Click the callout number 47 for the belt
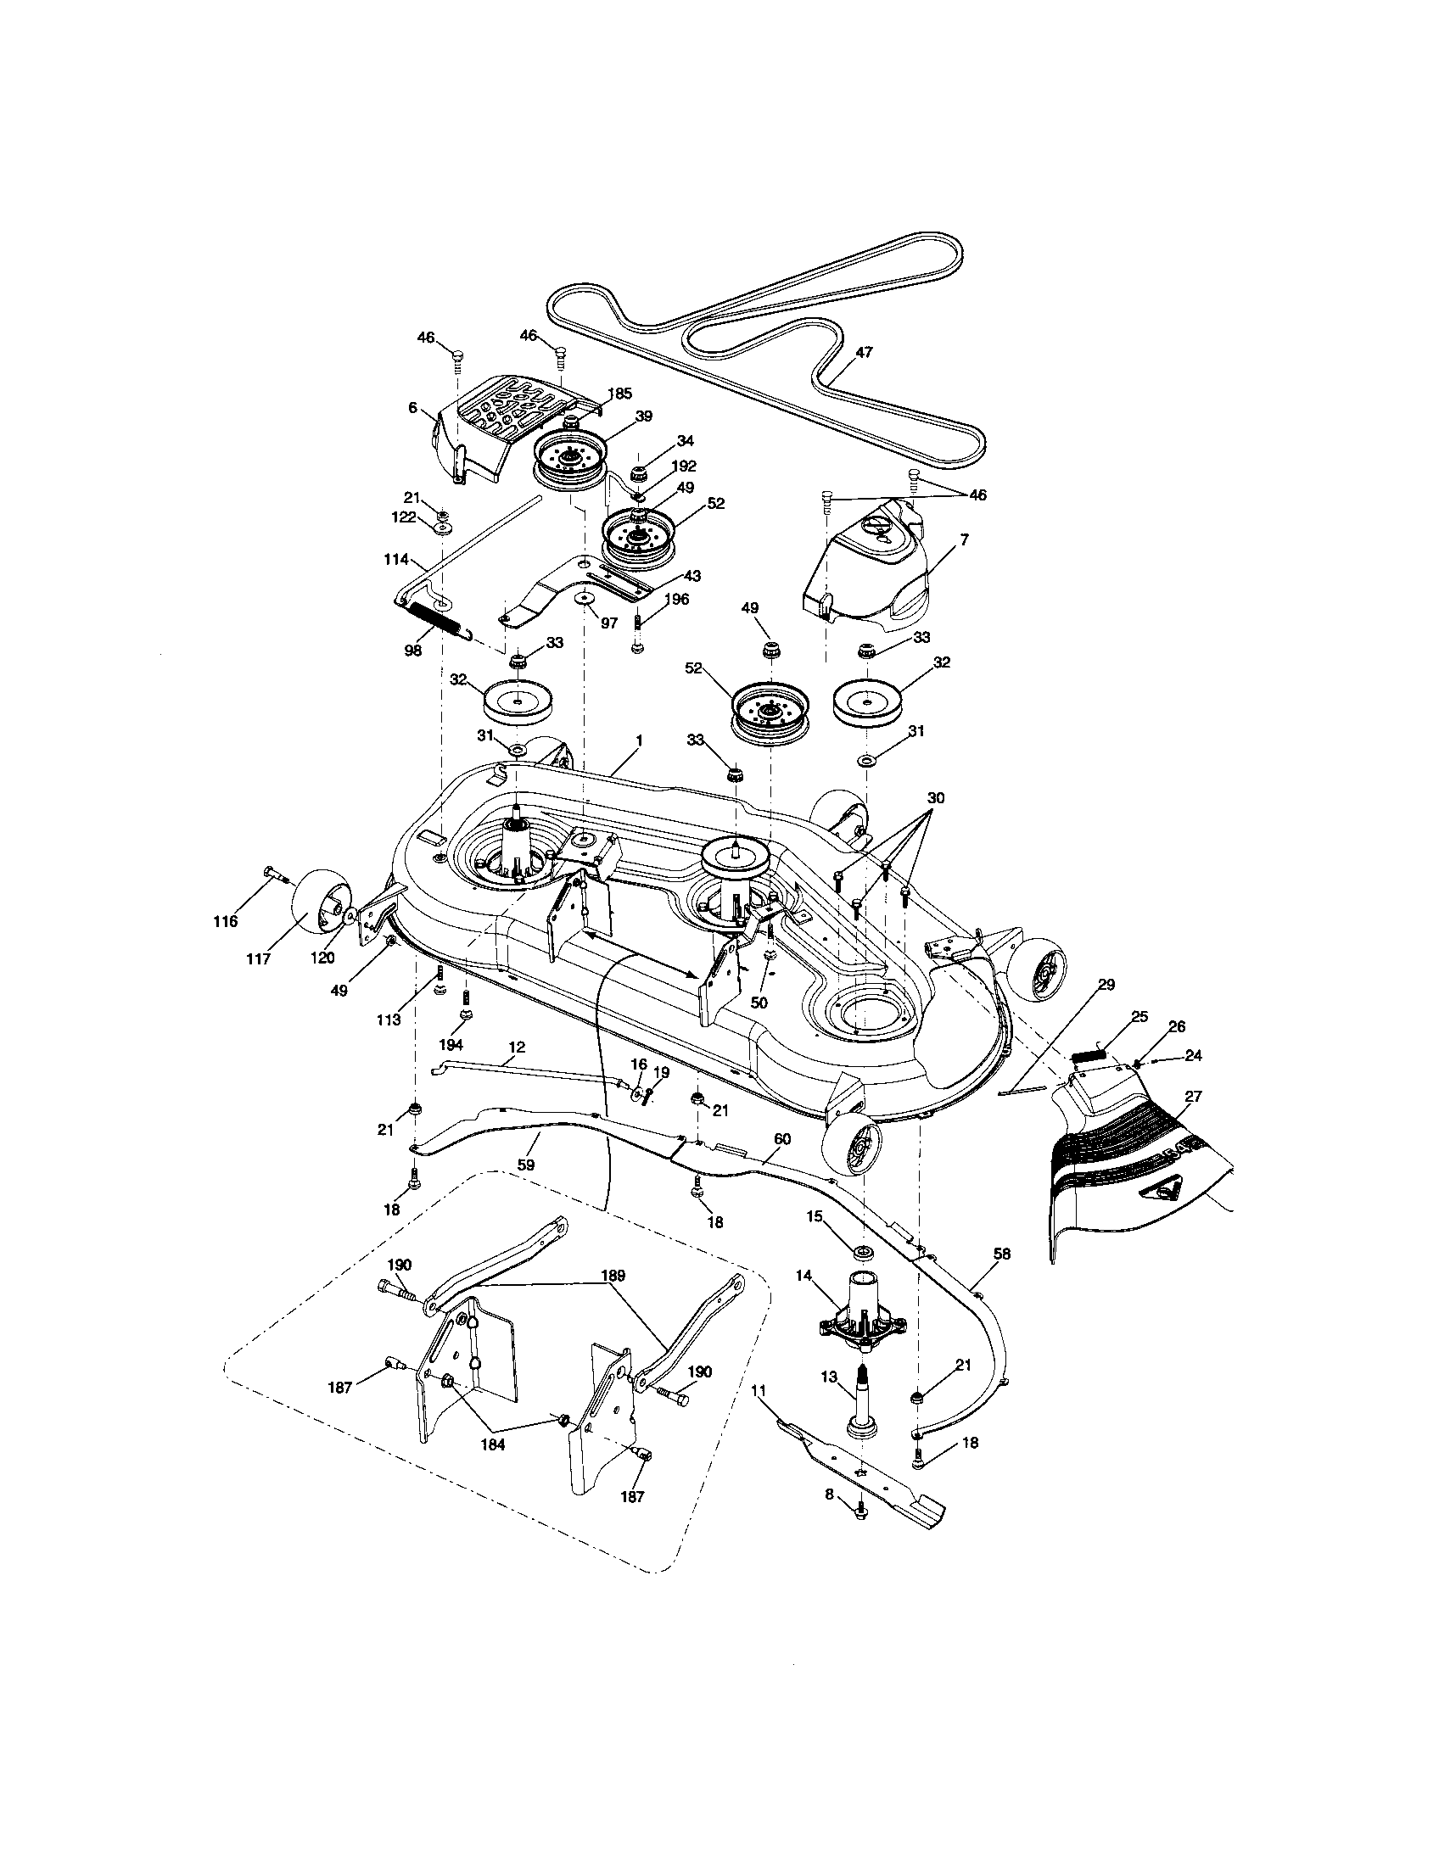click(864, 351)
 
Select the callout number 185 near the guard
click(619, 393)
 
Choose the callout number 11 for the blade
click(758, 1390)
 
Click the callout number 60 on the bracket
click(782, 1139)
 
